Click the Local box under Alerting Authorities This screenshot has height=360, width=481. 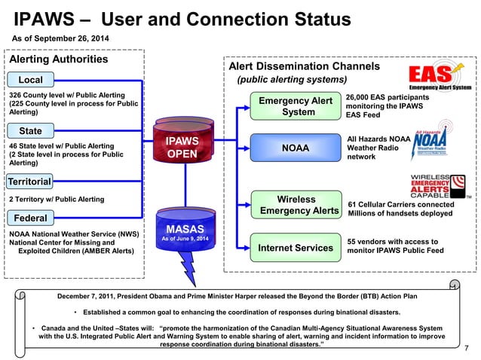tap(31, 80)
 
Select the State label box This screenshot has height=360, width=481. tap(30, 131)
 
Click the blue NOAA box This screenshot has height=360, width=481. tap(295, 148)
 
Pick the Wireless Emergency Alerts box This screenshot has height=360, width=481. tap(296, 205)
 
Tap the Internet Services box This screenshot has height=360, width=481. tap(295, 247)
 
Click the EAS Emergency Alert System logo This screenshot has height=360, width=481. tap(440, 78)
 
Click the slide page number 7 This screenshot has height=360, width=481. tap(467, 347)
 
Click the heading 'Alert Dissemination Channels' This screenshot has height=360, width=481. tap(309, 66)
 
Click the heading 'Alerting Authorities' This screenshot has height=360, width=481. tap(57, 59)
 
